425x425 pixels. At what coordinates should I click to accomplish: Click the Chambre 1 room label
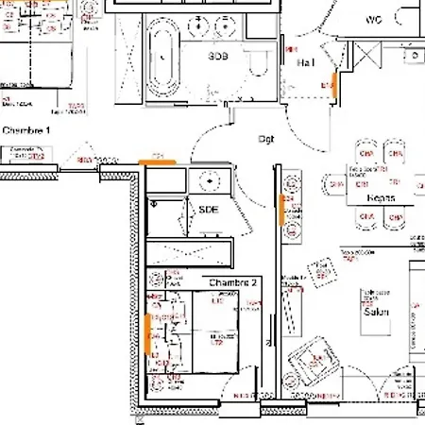pyautogui.click(x=25, y=129)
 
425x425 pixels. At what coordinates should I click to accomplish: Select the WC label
pyautogui.click(x=373, y=19)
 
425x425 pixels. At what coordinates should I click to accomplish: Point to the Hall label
pyautogui.click(x=306, y=62)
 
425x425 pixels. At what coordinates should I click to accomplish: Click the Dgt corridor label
pyautogui.click(x=267, y=138)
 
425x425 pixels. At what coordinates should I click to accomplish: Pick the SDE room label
pyautogui.click(x=208, y=210)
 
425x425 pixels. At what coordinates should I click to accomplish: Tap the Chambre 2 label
pyautogui.click(x=233, y=282)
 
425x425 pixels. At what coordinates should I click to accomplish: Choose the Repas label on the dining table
pyautogui.click(x=381, y=198)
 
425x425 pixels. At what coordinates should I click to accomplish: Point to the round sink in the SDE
pyautogui.click(x=206, y=178)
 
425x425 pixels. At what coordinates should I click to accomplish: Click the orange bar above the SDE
pyautogui.click(x=158, y=162)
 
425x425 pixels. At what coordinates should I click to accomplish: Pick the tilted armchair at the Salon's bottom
pyautogui.click(x=313, y=361)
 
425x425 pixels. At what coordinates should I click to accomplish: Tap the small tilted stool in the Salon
pyautogui.click(x=323, y=272)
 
